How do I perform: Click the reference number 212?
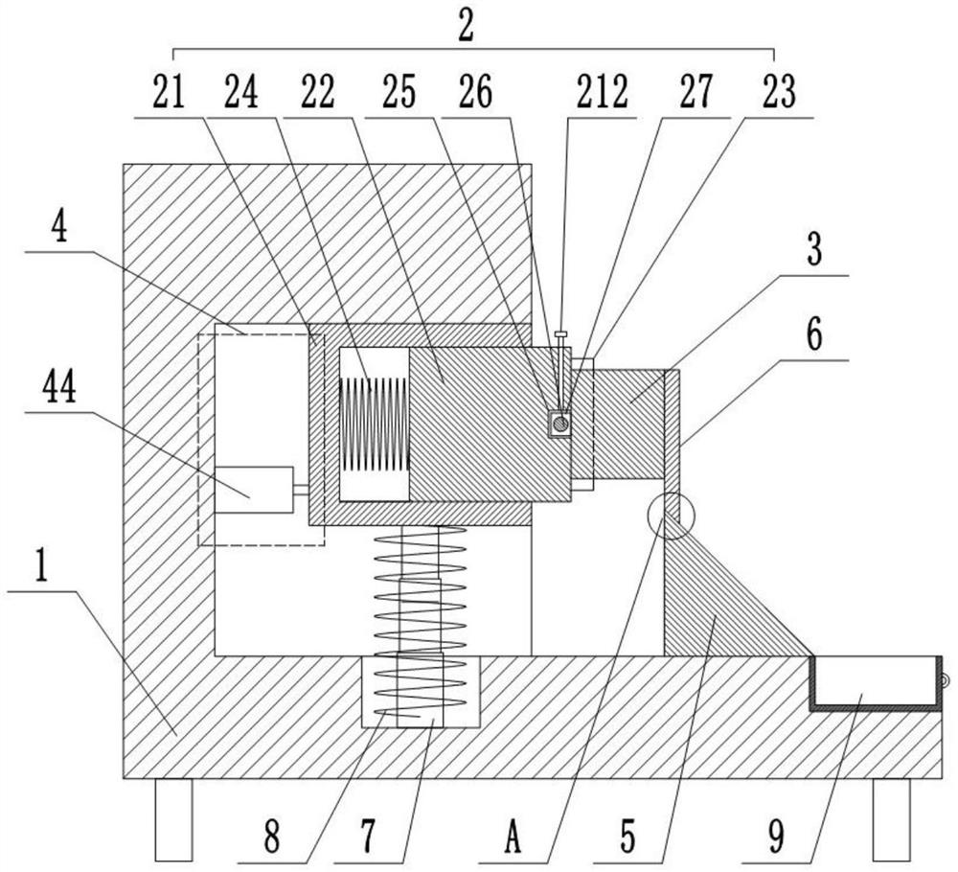pyautogui.click(x=603, y=92)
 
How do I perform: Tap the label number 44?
pyautogui.click(x=59, y=388)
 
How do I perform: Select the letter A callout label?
pyautogui.click(x=513, y=837)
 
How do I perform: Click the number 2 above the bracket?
pyautogui.click(x=467, y=26)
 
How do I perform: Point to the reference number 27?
pyautogui.click(x=696, y=92)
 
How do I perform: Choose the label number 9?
pyautogui.click(x=776, y=837)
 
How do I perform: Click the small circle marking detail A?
pyautogui.click(x=671, y=516)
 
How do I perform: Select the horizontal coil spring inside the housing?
pyautogui.click(x=374, y=425)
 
